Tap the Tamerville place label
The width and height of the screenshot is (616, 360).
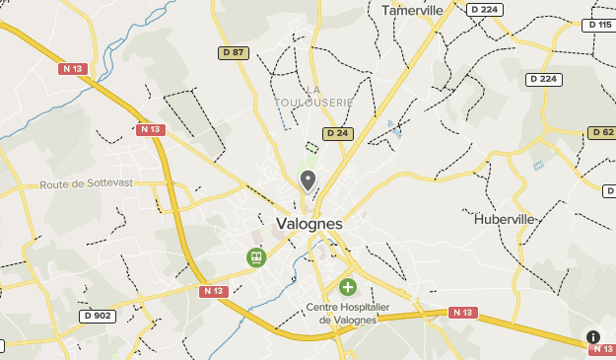coord(412,10)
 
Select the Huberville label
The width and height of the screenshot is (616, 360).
coord(504,219)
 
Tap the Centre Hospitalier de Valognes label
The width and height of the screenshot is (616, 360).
coord(342,313)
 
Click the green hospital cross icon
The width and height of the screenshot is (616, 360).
coord(347,287)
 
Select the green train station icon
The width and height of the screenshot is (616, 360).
coord(255,257)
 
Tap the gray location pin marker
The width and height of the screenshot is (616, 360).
coord(308,180)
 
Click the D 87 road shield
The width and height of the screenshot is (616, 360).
coord(233,52)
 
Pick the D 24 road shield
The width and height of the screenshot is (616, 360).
coord(336,133)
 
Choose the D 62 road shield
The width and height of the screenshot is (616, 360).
coord(601,132)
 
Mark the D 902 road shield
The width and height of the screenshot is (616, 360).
coord(98,316)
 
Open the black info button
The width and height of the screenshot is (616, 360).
coord(593,336)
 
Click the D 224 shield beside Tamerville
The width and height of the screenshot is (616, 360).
coord(484,10)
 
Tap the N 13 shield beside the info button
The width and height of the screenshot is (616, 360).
coord(602,349)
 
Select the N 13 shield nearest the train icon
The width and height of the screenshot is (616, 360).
coord(213,291)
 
